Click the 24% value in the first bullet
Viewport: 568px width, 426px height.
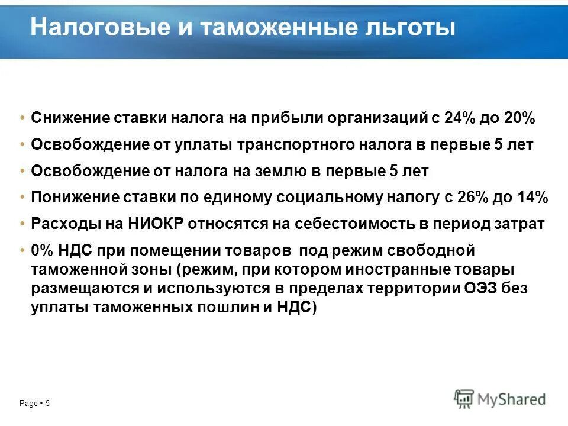[459, 118]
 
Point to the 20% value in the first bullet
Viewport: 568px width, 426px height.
[519, 118]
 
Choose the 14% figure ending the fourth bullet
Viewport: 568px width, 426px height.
[532, 198]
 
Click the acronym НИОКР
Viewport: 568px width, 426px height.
[149, 224]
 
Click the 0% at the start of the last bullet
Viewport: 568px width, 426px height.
[42, 250]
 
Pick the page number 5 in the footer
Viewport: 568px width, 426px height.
[48, 404]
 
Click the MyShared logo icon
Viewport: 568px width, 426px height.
[464, 399]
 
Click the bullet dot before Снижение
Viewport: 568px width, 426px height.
[22, 118]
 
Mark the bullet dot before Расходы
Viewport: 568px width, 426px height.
[22, 224]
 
